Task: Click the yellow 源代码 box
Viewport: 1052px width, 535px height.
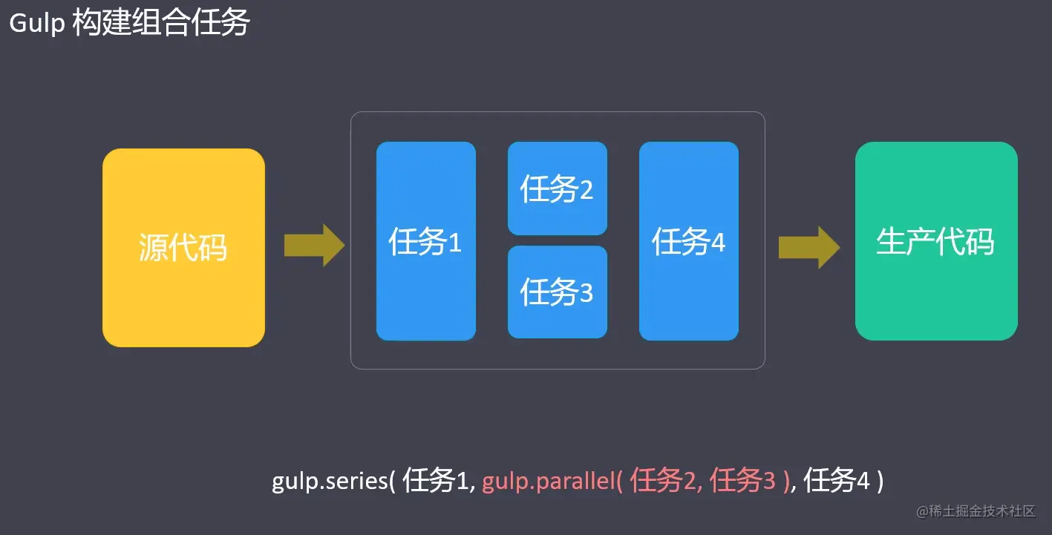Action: point(183,248)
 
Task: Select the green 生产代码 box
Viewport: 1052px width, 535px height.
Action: point(935,241)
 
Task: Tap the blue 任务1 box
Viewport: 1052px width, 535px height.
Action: point(425,241)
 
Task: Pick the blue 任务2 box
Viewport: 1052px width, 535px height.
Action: point(557,188)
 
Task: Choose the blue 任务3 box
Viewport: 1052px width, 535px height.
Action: point(557,292)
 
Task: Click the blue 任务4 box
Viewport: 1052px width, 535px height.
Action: point(688,241)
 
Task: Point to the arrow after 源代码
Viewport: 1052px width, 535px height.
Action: point(314,245)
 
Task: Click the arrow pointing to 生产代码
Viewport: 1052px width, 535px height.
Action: point(808,247)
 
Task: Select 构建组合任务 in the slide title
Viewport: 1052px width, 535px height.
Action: point(161,24)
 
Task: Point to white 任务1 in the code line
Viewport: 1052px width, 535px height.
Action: point(435,482)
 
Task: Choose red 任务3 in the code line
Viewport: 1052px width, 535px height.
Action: point(742,482)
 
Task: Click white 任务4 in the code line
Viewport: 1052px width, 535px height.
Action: point(837,482)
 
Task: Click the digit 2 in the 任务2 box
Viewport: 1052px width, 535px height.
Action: point(586,190)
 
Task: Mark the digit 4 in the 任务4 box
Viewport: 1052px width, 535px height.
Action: point(717,243)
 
